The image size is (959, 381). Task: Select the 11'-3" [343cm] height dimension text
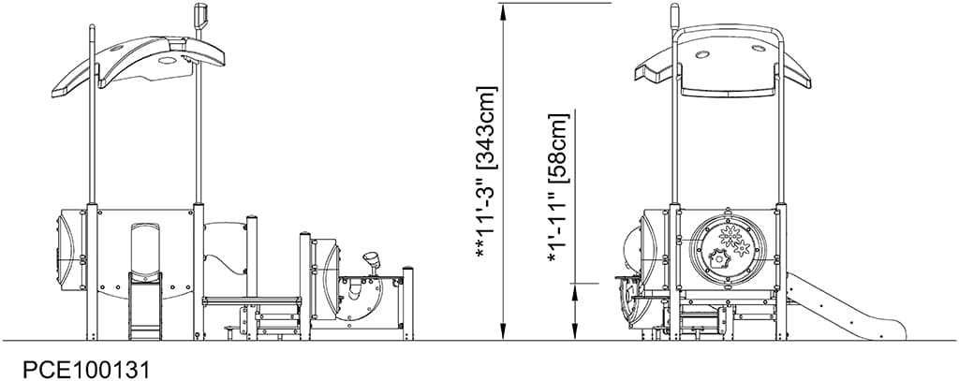click(x=487, y=172)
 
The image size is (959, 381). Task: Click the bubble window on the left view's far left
click(x=64, y=248)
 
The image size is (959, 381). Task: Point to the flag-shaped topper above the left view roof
click(x=199, y=17)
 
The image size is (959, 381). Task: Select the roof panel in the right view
click(x=728, y=71)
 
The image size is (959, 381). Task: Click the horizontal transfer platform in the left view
click(x=251, y=300)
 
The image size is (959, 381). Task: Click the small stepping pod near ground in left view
click(x=228, y=329)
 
